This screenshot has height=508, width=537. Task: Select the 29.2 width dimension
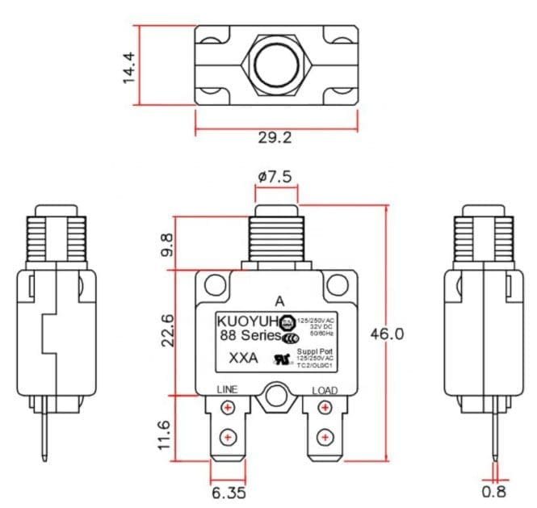275,138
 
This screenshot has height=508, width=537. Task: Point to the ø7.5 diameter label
275,177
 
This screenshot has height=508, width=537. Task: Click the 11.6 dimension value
165,435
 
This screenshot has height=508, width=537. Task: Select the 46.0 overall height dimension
386,334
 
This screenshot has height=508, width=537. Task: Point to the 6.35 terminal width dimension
229,492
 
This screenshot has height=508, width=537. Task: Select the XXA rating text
244,358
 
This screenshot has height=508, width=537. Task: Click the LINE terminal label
227,390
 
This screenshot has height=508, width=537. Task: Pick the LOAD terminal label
325,391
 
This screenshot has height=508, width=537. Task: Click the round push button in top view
275,64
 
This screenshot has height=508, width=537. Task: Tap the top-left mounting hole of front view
215,284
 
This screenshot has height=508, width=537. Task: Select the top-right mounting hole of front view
336,284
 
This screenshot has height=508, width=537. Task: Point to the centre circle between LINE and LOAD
276,396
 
